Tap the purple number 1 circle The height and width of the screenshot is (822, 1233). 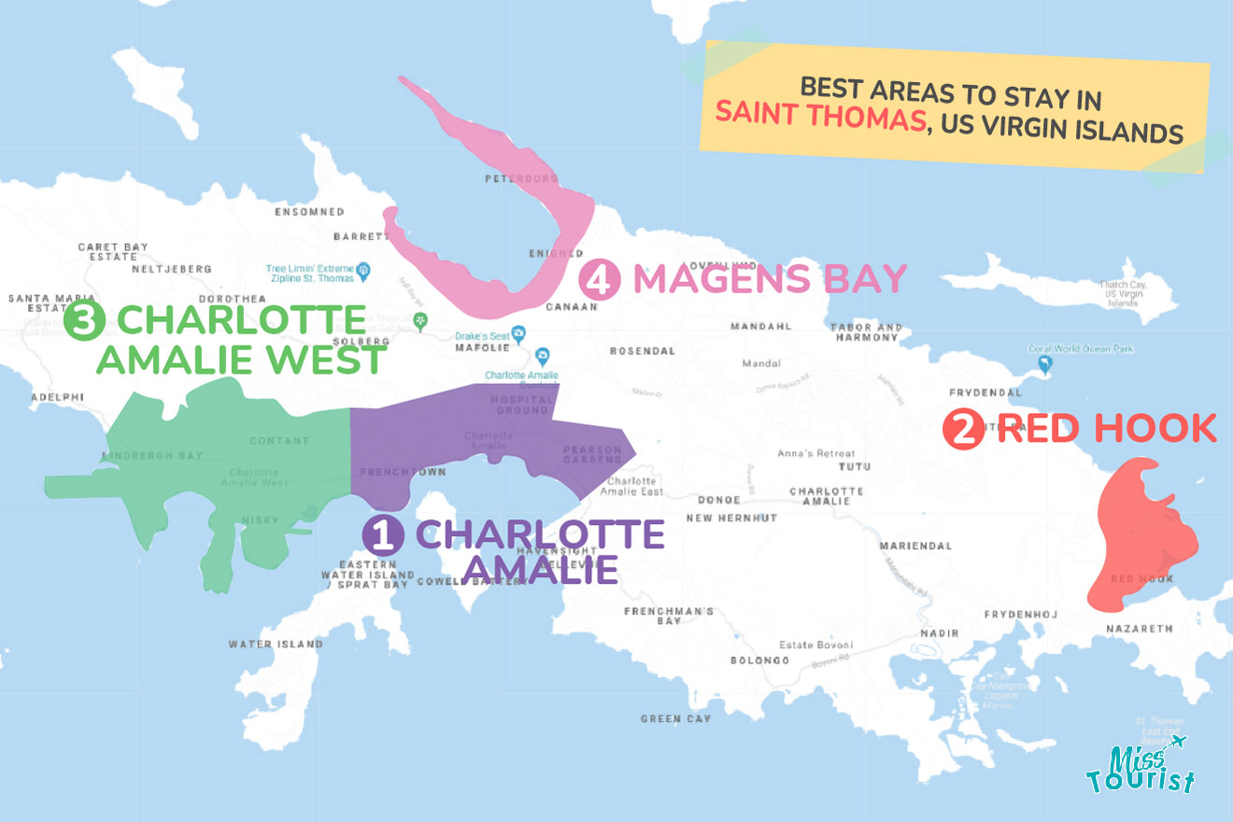coord(383,535)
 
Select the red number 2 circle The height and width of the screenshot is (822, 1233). coord(963,429)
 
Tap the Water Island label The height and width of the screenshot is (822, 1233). coord(276,645)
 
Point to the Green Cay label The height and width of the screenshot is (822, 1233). coord(675,718)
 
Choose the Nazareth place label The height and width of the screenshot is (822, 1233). coord(1139,630)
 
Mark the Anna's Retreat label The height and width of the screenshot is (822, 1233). coord(815,454)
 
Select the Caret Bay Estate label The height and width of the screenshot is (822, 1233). coord(113,252)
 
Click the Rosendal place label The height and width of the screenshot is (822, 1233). coord(642,351)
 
